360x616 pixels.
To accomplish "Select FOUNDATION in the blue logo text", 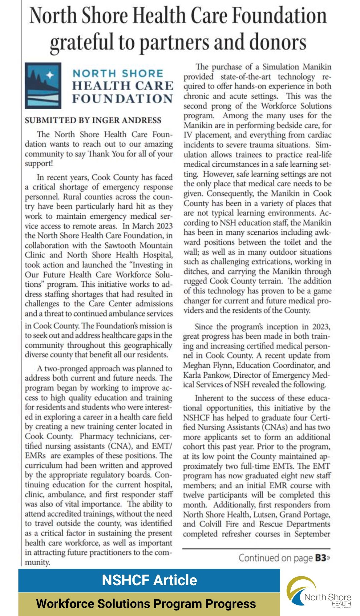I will pos(123,99).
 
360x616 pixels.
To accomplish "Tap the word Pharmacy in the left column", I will pos(95,436).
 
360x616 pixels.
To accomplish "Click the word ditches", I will pos(196,271).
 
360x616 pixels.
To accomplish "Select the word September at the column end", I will pos(312,534).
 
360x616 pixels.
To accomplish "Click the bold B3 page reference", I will pos(320,558).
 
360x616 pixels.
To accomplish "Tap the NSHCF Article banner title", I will pos(149,580).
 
